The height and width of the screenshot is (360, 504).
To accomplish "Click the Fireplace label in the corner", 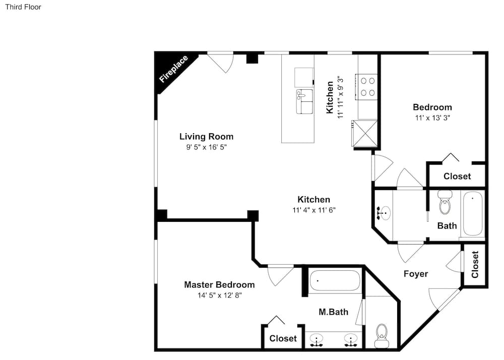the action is point(173,69).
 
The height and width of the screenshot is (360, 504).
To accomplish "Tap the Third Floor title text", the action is point(23,7).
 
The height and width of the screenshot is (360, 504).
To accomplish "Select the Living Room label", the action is point(206,137).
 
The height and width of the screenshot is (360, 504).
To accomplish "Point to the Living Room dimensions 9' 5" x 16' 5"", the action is point(206,147).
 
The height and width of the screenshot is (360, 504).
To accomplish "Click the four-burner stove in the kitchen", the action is point(366,87).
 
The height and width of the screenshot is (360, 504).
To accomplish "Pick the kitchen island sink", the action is point(304,101).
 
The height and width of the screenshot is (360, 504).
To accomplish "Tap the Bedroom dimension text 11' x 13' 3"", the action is point(432,117).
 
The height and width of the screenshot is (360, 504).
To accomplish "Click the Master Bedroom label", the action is point(219,285).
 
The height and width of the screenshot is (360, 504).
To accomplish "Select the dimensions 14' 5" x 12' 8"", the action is point(220,295).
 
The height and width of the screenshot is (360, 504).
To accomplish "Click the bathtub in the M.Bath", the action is point(335,281).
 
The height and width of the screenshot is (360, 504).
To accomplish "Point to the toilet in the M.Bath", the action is point(382,335).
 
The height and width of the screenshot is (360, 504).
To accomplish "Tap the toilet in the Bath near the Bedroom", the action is point(445,202).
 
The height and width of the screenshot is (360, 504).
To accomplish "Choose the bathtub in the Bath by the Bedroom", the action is point(473,214).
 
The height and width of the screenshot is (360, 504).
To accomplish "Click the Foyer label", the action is point(416,274).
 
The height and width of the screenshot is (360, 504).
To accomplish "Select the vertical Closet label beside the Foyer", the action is point(475,265).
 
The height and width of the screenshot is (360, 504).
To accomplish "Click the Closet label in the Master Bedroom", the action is point(283,338).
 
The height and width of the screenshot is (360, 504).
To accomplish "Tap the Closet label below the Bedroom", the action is point(457,176).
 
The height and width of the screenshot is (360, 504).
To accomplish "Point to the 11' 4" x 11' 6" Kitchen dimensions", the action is point(313,210).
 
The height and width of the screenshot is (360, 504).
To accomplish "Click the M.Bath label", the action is point(333,312).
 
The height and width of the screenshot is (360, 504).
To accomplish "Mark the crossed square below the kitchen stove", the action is point(365,133).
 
